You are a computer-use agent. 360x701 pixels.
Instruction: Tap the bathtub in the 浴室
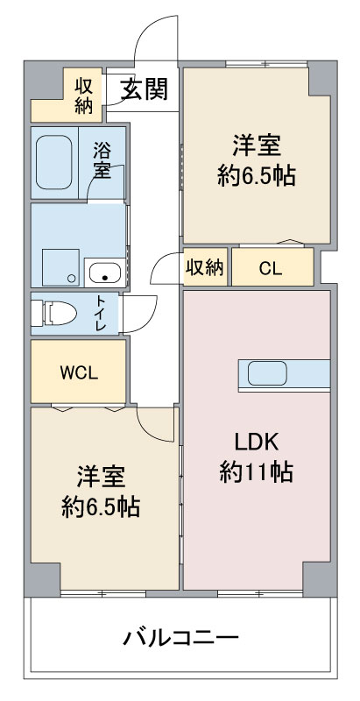pyautogui.click(x=54, y=162)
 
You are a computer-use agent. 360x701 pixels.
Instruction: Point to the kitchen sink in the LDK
pyautogui.click(x=267, y=373)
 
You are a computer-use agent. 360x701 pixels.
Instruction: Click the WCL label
pyautogui.click(x=79, y=373)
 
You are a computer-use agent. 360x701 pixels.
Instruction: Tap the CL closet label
pyautogui.click(x=272, y=269)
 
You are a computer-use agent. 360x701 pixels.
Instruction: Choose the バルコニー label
pyautogui.click(x=181, y=638)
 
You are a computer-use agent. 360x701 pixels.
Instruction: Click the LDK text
pyautogui.click(x=257, y=443)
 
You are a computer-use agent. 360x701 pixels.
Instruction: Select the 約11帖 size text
pyautogui.click(x=257, y=472)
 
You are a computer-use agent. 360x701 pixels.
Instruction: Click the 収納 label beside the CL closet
pyautogui.click(x=205, y=268)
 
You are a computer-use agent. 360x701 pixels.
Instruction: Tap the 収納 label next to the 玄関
pyautogui.click(x=83, y=96)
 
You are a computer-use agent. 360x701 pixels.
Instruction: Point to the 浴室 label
pyautogui.click(x=102, y=159)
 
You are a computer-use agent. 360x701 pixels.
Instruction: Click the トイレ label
pyautogui.click(x=100, y=313)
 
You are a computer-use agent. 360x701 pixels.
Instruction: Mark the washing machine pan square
pyautogui.click(x=60, y=267)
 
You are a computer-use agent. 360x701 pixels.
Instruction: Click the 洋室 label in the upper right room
pyautogui.click(x=257, y=146)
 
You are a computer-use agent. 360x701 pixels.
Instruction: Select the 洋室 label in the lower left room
pyautogui.click(x=101, y=477)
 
